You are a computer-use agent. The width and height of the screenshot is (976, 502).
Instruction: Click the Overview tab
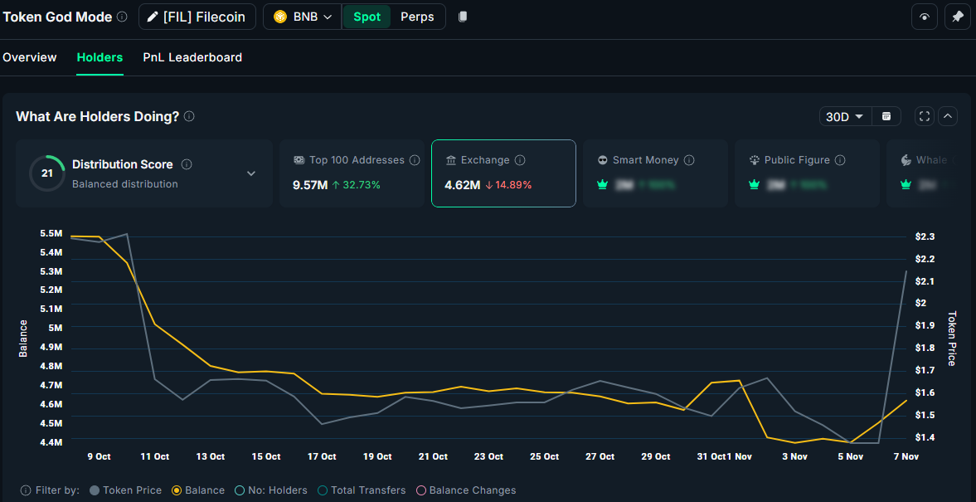click(30, 57)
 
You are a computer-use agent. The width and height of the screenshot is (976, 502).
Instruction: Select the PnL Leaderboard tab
click(192, 57)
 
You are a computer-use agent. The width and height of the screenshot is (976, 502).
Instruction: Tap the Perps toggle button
click(417, 17)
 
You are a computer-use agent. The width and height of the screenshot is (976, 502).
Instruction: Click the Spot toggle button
click(367, 17)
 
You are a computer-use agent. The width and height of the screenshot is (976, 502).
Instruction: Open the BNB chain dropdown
click(303, 17)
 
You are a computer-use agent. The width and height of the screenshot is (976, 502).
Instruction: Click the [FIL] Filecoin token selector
click(197, 17)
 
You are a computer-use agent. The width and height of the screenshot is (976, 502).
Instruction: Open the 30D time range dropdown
click(845, 117)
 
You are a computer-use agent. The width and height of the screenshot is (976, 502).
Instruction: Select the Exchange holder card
click(503, 173)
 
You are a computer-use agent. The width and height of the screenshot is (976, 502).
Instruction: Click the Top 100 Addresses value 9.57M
click(310, 185)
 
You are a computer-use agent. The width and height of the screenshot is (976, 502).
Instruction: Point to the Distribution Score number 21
click(47, 173)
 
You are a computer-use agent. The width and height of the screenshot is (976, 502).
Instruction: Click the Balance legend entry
click(198, 490)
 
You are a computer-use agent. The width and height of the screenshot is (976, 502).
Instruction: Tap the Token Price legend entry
click(125, 490)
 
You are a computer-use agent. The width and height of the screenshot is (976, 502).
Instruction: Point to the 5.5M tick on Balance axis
click(51, 234)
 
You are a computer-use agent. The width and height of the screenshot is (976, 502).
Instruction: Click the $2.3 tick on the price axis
click(925, 236)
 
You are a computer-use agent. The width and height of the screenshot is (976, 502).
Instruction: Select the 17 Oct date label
click(322, 456)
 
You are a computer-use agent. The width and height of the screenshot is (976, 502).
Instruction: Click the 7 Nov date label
click(906, 456)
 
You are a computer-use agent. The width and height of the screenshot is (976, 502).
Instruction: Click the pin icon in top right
click(958, 17)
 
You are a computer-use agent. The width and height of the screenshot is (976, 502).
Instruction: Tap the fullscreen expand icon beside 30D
click(925, 117)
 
